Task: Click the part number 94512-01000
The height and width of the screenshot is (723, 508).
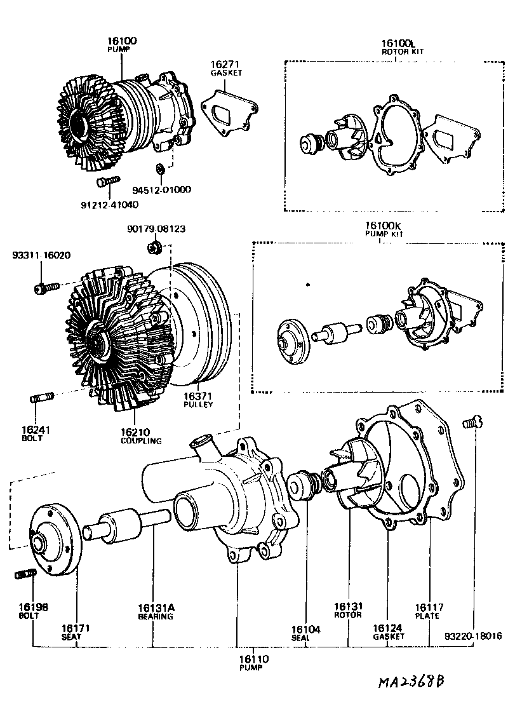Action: pyautogui.click(x=161, y=189)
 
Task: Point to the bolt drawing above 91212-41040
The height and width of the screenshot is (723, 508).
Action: pyautogui.click(x=108, y=182)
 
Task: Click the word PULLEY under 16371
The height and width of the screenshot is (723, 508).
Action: pyautogui.click(x=198, y=404)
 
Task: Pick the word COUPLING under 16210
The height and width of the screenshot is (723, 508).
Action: pyautogui.click(x=141, y=440)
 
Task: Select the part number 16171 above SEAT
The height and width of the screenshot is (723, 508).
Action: pyautogui.click(x=74, y=628)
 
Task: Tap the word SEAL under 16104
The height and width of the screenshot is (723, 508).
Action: pyautogui.click(x=301, y=637)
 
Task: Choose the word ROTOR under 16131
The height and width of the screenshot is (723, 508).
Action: pyautogui.click(x=348, y=614)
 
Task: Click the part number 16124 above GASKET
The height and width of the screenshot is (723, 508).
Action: pyautogui.click(x=388, y=628)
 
